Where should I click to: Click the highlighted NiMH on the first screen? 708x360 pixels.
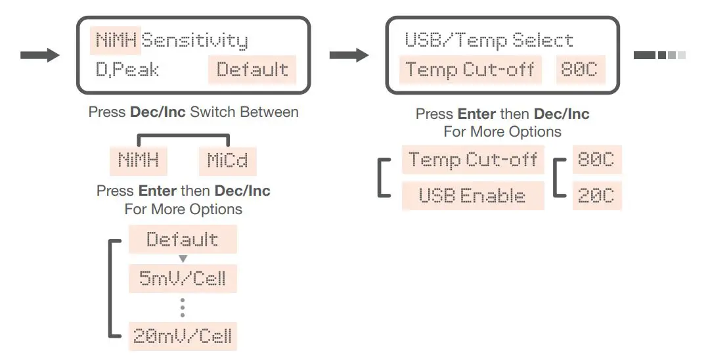click(115, 41)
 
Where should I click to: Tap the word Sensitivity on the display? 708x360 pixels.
click(195, 41)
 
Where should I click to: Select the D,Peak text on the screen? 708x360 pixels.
click(127, 70)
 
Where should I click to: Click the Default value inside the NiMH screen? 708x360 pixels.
click(252, 70)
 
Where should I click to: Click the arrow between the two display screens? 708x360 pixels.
click(349, 55)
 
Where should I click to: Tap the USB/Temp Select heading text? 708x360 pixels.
click(489, 41)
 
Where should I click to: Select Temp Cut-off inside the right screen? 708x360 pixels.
click(470, 70)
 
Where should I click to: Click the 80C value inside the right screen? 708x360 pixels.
click(580, 70)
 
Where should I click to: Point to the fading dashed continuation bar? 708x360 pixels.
click(659, 55)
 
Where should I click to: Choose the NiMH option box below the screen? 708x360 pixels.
click(138, 160)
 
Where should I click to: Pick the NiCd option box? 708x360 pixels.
click(227, 160)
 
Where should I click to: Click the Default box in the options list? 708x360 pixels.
click(183, 240)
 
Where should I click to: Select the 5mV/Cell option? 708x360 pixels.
click(183, 279)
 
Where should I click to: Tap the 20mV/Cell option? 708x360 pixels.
click(183, 336)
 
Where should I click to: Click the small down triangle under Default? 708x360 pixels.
click(183, 259)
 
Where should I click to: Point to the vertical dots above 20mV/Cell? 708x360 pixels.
click(183, 307)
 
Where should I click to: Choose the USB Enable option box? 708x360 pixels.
click(473, 196)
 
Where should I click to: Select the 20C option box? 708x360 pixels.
click(596, 196)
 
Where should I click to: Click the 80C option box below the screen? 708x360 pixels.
click(596, 160)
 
